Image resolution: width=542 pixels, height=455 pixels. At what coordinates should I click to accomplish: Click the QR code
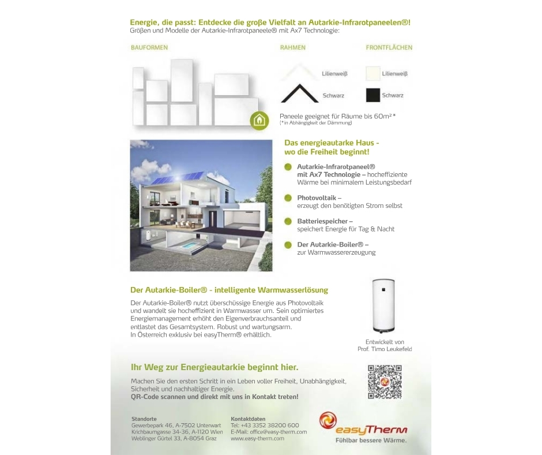pyautogui.click(x=385, y=382)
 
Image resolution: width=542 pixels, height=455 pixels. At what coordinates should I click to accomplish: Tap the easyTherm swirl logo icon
pyautogui.click(x=328, y=421)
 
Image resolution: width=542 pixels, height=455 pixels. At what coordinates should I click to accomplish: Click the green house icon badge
pyautogui.click(x=260, y=120)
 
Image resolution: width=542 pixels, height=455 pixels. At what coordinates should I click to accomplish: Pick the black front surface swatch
pyautogui.click(x=372, y=95)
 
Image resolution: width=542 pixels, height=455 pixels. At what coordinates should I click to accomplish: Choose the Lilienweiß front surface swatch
pyautogui.click(x=372, y=74)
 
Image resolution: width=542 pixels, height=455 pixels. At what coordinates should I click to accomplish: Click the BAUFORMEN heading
pyautogui.click(x=149, y=48)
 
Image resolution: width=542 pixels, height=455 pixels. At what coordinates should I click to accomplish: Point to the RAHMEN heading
pyautogui.click(x=292, y=48)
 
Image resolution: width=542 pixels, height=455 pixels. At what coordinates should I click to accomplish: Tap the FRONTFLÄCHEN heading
pyautogui.click(x=389, y=48)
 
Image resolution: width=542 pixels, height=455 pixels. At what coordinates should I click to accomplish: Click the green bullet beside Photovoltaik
pyautogui.click(x=288, y=198)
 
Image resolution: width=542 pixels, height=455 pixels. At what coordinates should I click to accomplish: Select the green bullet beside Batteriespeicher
pyautogui.click(x=288, y=221)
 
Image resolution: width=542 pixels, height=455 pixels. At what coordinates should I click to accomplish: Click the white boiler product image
pyautogui.click(x=385, y=306)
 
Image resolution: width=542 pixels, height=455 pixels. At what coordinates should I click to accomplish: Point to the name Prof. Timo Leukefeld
pyautogui.click(x=385, y=349)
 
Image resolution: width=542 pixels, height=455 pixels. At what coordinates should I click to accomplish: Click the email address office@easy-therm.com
pyautogui.click(x=269, y=432)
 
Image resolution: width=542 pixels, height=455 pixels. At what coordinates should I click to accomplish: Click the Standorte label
pyautogui.click(x=144, y=419)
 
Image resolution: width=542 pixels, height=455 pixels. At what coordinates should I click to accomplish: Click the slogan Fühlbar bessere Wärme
pyautogui.click(x=371, y=441)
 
